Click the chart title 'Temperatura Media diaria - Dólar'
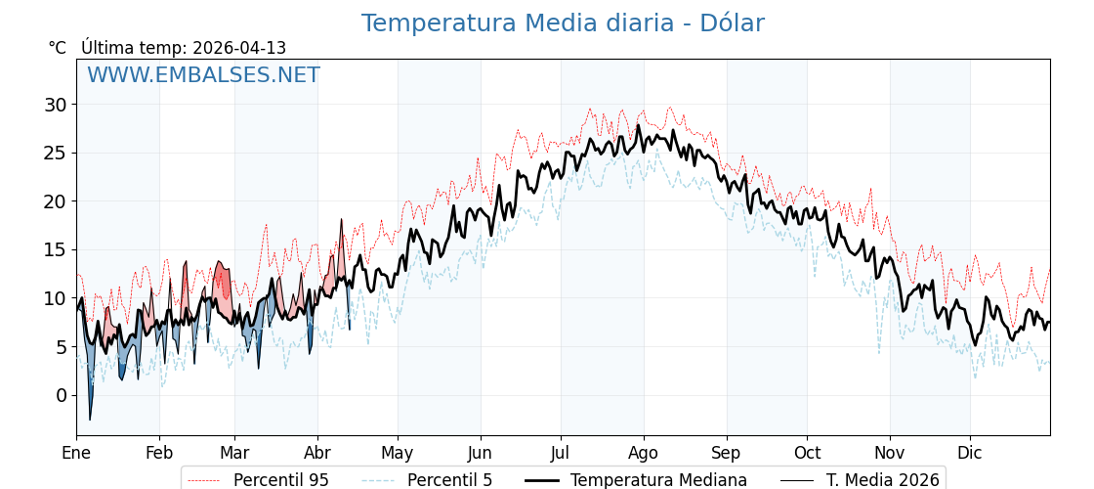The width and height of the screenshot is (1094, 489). [563, 23]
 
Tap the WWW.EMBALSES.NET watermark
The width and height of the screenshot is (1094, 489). [203, 75]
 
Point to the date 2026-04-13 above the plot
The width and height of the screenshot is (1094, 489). [239, 48]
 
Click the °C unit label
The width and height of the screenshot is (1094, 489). [57, 48]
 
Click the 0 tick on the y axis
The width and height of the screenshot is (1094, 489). [62, 395]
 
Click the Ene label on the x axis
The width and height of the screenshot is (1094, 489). [76, 454]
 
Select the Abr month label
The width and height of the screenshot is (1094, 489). [317, 454]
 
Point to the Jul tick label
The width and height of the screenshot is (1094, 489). [561, 454]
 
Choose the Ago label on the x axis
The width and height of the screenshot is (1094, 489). [644, 454]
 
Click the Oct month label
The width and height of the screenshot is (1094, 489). [807, 454]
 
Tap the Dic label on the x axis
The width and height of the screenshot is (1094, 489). [970, 454]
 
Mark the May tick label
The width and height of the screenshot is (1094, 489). [398, 454]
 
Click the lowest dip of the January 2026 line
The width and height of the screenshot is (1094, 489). [90, 420]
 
